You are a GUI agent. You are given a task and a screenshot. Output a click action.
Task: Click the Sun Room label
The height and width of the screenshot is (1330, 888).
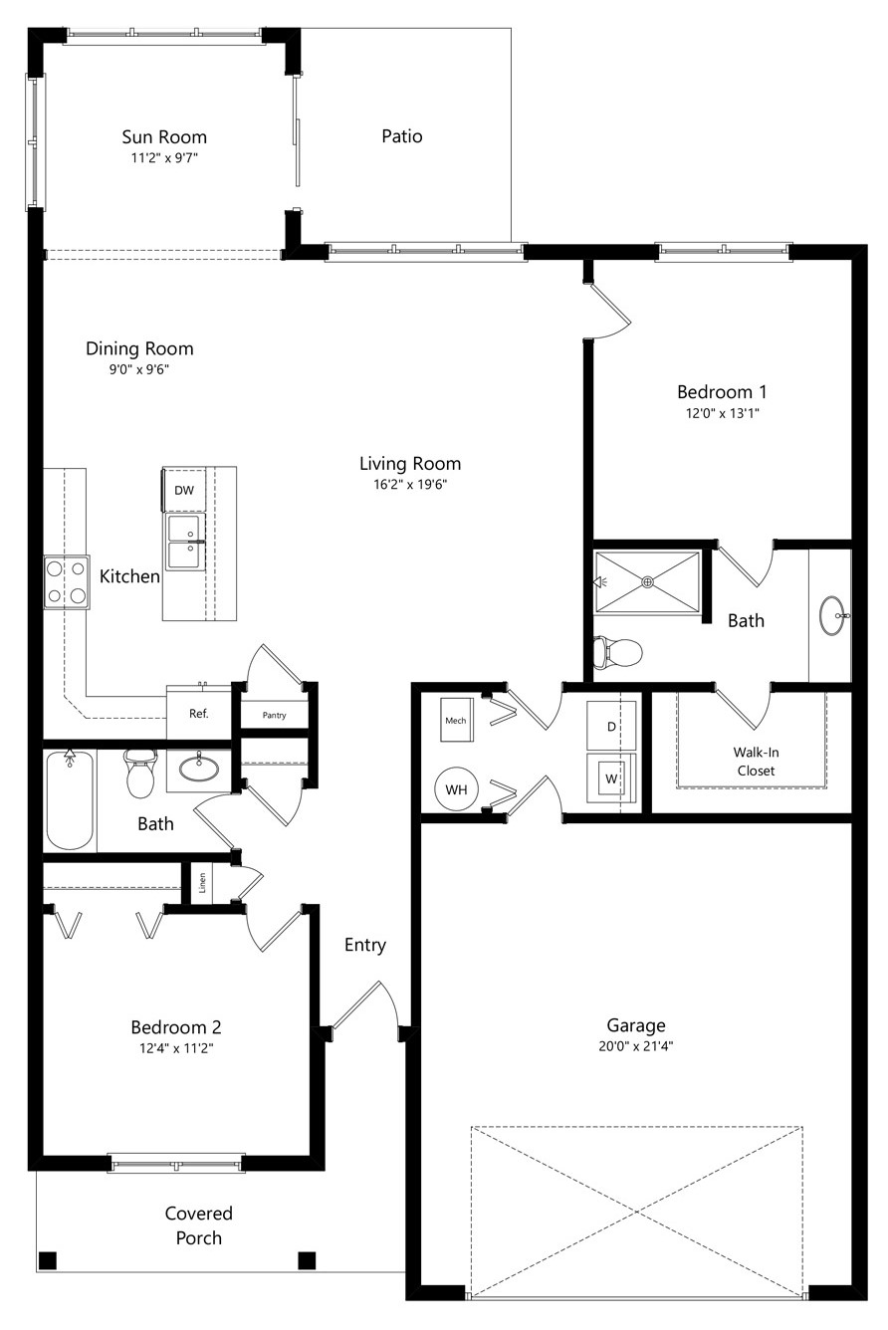(x=164, y=137)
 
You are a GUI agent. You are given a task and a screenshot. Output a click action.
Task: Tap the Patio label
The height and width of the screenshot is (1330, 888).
(x=402, y=136)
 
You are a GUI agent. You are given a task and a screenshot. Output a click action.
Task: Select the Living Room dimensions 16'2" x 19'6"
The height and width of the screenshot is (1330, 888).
(x=409, y=484)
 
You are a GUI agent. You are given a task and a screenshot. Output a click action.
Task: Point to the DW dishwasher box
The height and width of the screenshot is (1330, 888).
(x=184, y=490)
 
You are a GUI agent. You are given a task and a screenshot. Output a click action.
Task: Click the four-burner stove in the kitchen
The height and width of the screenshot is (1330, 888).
(x=67, y=581)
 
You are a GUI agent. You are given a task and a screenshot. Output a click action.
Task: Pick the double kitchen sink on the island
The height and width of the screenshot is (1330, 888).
(x=185, y=543)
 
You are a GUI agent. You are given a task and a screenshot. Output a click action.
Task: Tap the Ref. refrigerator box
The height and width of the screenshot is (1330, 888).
(x=198, y=713)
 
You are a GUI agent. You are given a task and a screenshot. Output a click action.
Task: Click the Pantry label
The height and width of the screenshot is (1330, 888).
(x=274, y=715)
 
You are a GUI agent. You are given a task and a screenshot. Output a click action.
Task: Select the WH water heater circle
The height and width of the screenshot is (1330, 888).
(x=456, y=789)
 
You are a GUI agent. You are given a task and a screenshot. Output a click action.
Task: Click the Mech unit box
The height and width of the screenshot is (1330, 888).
(x=457, y=720)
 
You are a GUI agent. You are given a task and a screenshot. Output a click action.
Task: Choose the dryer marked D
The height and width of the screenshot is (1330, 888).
(x=611, y=726)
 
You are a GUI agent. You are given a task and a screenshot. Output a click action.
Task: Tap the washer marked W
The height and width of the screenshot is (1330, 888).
(x=611, y=778)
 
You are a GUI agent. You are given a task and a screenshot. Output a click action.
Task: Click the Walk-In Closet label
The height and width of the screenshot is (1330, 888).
(x=756, y=762)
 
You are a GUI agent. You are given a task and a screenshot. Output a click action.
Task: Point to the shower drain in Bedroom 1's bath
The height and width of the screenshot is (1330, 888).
(x=648, y=581)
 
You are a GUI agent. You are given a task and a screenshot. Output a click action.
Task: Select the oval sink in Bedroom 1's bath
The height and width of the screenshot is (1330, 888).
(x=834, y=615)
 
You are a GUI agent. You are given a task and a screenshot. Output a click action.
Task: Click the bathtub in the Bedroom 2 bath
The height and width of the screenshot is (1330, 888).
(x=70, y=799)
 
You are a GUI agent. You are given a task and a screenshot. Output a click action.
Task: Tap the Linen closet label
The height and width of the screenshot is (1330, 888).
(x=202, y=882)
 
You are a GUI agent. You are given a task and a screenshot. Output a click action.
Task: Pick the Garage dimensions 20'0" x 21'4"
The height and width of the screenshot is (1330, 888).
(x=636, y=1045)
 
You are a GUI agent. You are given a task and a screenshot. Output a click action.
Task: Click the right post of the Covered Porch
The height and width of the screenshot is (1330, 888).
(x=307, y=1259)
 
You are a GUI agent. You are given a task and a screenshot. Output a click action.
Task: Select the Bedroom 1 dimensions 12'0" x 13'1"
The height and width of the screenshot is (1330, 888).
(x=723, y=413)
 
